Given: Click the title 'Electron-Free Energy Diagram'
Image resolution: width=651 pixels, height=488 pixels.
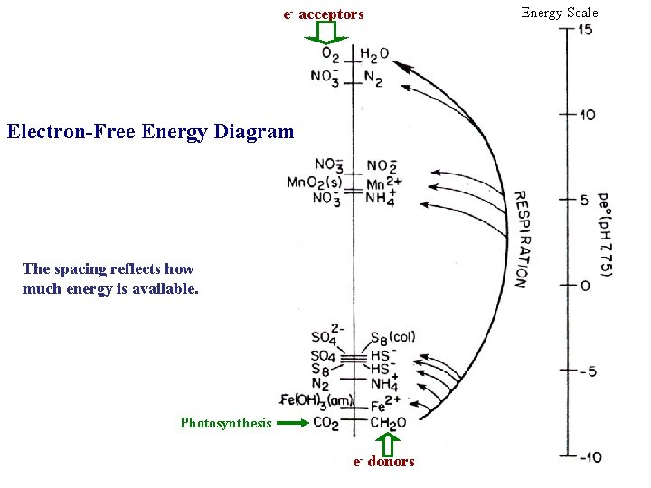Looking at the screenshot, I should pos(150,132).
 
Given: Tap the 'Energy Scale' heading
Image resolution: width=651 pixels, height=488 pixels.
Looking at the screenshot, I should pos(560,13).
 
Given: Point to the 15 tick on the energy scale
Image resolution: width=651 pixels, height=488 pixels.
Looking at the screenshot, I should pos(585,30).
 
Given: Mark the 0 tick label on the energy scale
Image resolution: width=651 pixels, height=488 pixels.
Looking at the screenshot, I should pos(585,286).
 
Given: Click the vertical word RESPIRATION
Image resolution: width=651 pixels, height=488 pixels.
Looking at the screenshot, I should pos(521,239).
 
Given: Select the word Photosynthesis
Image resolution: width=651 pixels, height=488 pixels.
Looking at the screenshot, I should pos(225,423).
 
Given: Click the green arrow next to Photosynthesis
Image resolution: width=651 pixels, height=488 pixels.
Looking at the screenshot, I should pos(292,422).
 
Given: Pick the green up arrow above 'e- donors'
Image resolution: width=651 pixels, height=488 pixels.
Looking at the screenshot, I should pos(388,444).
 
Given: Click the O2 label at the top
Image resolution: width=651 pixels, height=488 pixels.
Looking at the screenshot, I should pos(330,54).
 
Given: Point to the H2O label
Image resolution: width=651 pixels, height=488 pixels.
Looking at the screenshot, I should pos(373,54).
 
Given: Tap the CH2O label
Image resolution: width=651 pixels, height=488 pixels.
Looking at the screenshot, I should pos(388,423).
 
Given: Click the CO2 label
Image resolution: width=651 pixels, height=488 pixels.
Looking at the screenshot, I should pos(327,423).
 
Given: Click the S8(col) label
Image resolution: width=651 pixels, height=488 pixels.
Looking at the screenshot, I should pos(392,338).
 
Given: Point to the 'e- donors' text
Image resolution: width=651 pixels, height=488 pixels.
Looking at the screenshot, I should pos(383,462).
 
